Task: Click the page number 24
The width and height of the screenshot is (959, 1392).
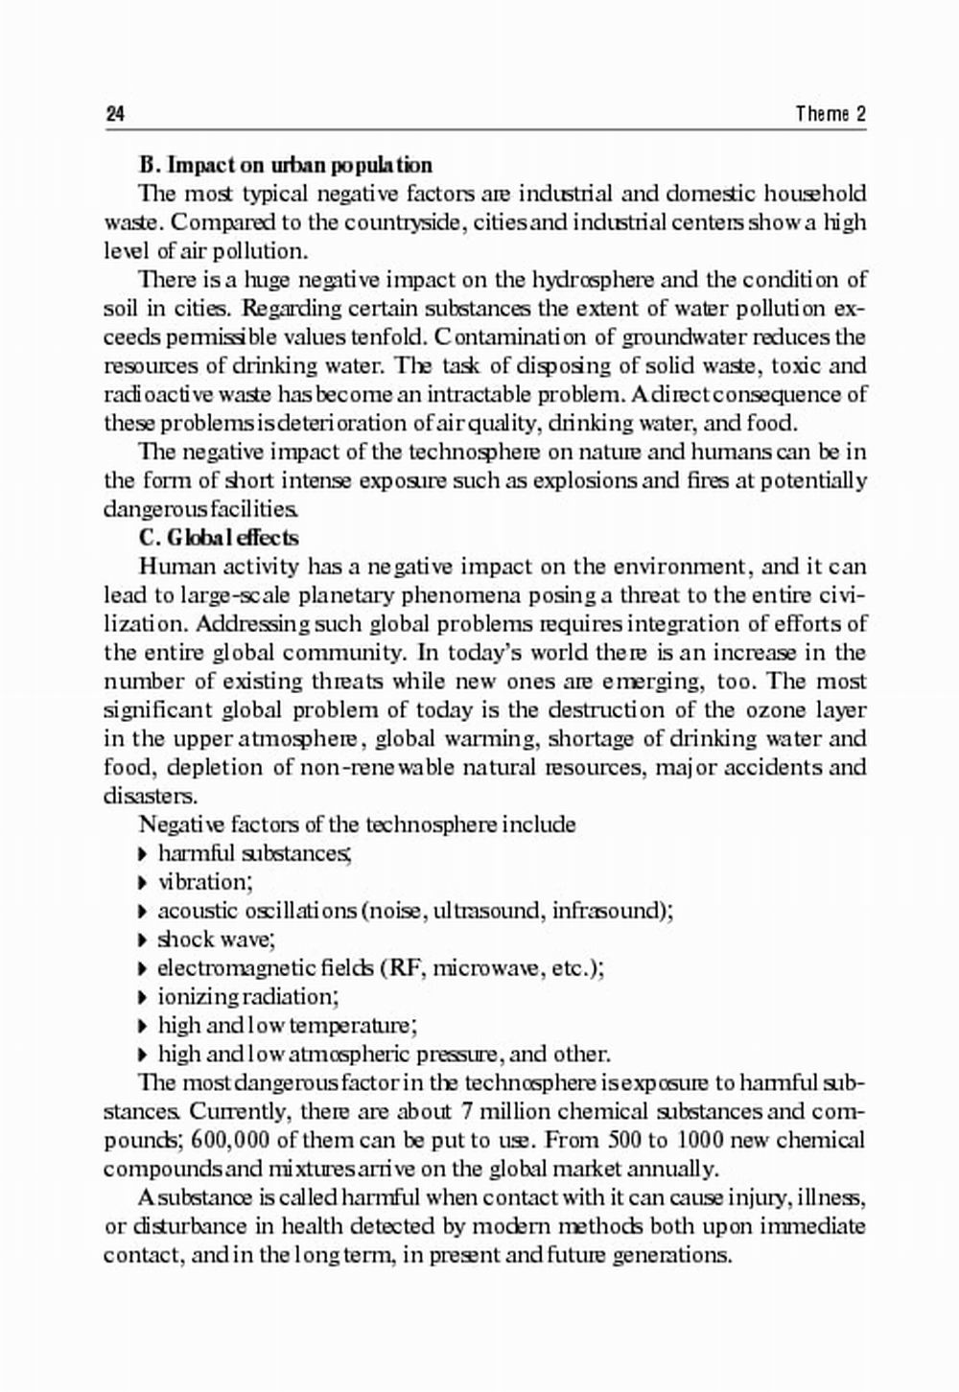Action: (x=114, y=114)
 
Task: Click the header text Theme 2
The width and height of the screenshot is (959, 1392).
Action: (x=830, y=114)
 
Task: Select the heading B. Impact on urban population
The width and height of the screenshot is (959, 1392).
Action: (x=286, y=165)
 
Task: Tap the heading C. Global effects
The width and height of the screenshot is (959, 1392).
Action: (x=219, y=538)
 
